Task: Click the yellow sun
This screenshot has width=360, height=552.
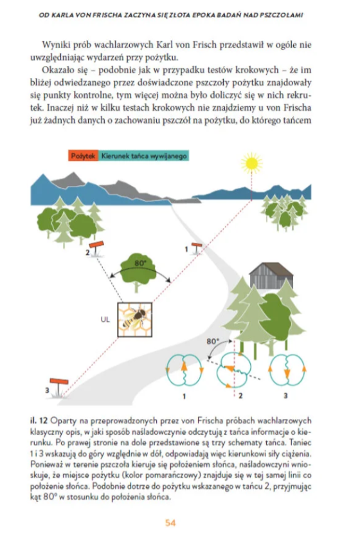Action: tap(251, 163)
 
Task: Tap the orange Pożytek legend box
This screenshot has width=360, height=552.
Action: tap(83, 156)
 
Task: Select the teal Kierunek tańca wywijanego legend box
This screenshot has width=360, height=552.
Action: tap(143, 156)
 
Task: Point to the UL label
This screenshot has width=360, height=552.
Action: tap(105, 320)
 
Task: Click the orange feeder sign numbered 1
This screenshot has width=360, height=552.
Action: tap(196, 248)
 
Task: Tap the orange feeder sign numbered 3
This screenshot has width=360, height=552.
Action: tap(59, 386)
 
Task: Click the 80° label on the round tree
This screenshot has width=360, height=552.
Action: tap(140, 263)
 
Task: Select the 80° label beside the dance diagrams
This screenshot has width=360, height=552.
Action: tap(212, 342)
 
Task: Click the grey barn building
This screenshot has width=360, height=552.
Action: tap(271, 275)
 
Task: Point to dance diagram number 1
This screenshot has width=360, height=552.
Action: tap(184, 371)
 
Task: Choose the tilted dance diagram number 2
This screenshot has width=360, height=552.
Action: tap(233, 371)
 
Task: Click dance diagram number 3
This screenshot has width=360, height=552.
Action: tap(287, 371)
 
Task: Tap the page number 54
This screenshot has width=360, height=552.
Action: tap(170, 523)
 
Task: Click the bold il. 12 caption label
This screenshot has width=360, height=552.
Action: tap(39, 420)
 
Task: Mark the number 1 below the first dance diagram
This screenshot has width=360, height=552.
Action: tap(184, 396)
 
